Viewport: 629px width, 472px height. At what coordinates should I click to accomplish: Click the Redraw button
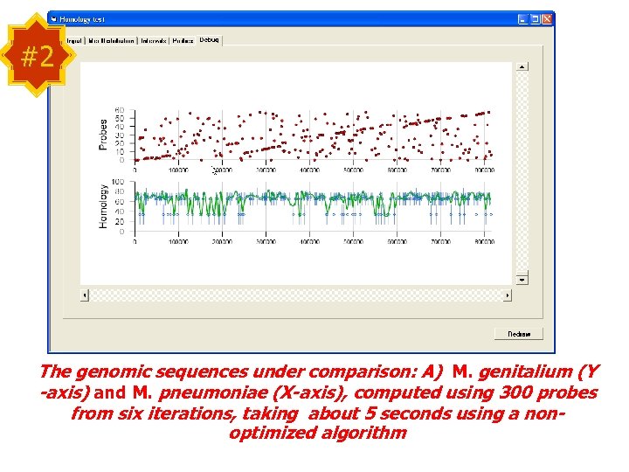(518, 334)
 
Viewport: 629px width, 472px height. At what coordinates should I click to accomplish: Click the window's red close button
(547, 18)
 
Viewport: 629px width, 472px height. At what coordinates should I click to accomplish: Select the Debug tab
(210, 39)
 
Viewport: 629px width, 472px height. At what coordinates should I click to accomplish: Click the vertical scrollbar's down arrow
(522, 279)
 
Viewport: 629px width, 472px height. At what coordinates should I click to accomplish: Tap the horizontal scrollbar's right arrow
(508, 295)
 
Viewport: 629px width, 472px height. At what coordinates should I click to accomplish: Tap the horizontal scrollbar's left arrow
(85, 295)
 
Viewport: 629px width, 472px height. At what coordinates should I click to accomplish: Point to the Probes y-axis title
(103, 135)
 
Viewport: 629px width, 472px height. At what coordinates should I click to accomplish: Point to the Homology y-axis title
(103, 206)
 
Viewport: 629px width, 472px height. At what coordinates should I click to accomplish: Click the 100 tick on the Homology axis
(118, 182)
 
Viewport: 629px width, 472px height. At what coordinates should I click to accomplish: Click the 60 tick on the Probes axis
(120, 110)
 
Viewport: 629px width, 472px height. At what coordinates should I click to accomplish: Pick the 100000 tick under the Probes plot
(178, 170)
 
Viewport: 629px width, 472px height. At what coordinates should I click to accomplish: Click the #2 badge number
(37, 57)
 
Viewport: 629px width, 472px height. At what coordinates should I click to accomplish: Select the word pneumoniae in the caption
(200, 392)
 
